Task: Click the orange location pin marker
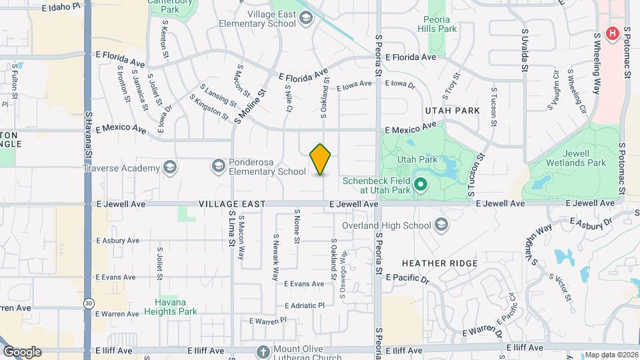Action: pyautogui.click(x=321, y=159)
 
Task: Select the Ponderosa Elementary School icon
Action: pyautogui.click(x=218, y=165)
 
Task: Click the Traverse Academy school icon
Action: pyautogui.click(x=170, y=167)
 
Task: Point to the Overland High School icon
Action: pyautogui.click(x=441, y=225)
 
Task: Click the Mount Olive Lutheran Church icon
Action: pyautogui.click(x=263, y=351)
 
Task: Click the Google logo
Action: pyautogui.click(x=22, y=351)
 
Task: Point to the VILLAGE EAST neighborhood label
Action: pyautogui.click(x=232, y=204)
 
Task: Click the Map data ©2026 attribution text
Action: pyautogui.click(x=611, y=355)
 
